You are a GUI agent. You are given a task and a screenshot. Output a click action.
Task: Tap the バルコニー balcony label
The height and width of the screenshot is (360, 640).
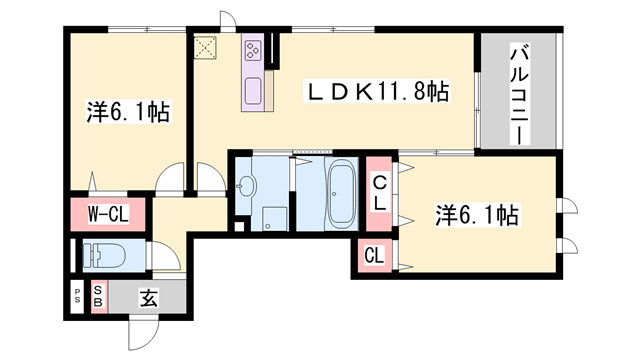pyautogui.click(x=519, y=93)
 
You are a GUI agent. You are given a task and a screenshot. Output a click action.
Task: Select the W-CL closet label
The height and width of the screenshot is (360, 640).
pyautogui.click(x=106, y=213)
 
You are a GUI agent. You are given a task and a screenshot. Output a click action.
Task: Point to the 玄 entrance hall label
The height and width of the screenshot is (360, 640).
pyautogui.click(x=147, y=297)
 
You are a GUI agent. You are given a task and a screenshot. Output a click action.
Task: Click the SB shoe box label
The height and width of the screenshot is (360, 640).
pyautogui.click(x=99, y=297)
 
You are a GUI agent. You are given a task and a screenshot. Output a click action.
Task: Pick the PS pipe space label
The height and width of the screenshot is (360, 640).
pyautogui.click(x=77, y=297)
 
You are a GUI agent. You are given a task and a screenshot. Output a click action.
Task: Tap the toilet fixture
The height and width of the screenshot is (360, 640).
pyautogui.click(x=104, y=257)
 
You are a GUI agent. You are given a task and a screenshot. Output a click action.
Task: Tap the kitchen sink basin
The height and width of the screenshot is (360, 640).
pyautogui.click(x=252, y=90)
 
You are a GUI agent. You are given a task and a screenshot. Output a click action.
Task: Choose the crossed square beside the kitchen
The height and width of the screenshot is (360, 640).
pyautogui.click(x=207, y=47)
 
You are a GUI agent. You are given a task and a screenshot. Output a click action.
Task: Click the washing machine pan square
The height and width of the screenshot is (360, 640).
pyautogui.click(x=272, y=217)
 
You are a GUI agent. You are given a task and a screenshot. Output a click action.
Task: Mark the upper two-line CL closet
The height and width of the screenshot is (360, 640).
pyautogui.click(x=381, y=191)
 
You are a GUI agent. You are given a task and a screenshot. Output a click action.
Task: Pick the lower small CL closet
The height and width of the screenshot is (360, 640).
pyautogui.click(x=372, y=256)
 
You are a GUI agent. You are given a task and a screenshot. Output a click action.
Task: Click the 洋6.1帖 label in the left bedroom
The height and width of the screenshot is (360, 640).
pyautogui.click(x=123, y=110)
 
